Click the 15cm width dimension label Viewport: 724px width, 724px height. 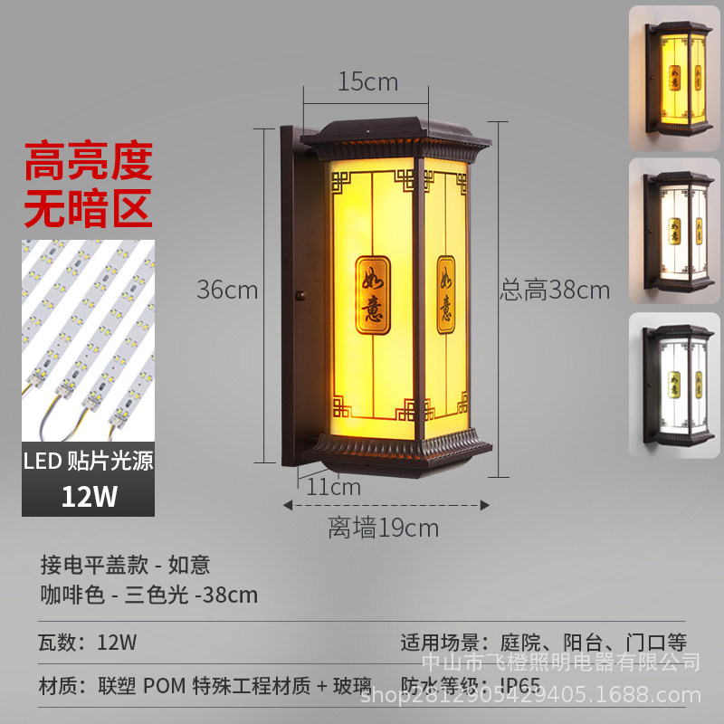point(367,81)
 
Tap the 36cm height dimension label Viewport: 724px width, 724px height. point(228,291)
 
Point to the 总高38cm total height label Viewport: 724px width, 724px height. point(555,291)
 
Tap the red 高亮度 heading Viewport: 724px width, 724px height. point(88,163)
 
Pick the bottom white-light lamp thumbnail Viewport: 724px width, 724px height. point(674,380)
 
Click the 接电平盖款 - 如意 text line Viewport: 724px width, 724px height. point(125,565)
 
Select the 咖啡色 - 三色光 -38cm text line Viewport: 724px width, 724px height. point(149,595)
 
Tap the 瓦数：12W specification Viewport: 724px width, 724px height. point(88,643)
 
